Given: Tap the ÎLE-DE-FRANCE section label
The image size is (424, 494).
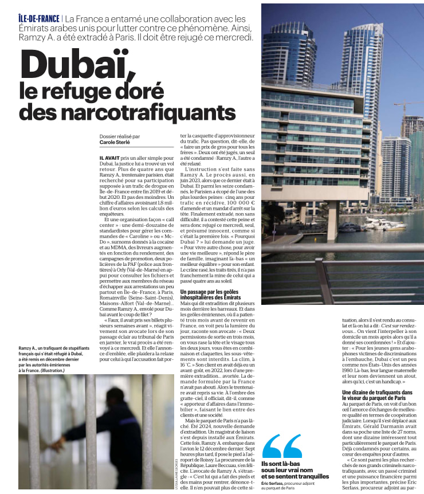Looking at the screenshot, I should point(38,18).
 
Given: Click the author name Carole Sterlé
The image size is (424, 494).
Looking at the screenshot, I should point(116,143).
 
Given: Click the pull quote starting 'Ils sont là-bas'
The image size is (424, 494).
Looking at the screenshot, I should point(295,472).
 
